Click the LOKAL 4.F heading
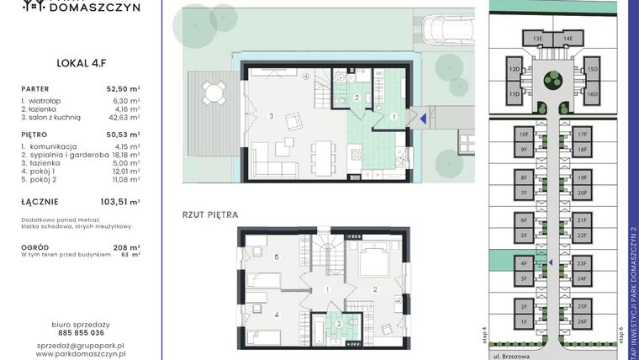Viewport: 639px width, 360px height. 79,61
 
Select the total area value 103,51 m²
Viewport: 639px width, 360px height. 121,202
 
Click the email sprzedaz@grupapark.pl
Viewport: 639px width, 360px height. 81,345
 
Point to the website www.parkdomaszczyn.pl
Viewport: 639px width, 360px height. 81,354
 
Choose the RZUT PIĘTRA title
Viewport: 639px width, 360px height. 210,215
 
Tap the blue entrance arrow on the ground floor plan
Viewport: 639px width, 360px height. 422,119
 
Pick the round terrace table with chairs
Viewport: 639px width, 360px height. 214,91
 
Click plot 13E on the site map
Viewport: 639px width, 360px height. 536,39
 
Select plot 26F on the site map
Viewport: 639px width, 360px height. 582,320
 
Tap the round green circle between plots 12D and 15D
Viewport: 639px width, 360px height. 552,81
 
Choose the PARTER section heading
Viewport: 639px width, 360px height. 37,87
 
